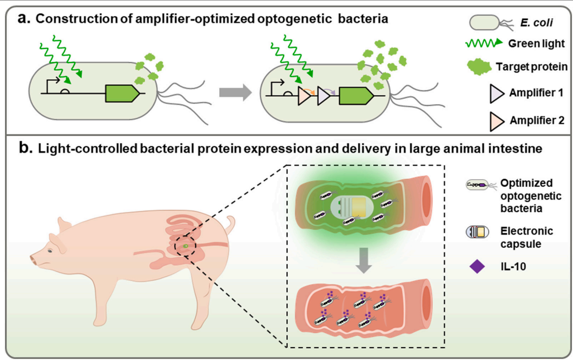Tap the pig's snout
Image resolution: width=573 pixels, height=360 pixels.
click(34, 260)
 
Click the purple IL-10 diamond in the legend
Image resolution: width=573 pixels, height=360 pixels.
click(477, 267)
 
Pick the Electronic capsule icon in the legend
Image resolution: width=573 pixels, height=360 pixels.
click(477, 232)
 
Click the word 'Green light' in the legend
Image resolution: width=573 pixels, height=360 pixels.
click(536, 43)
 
